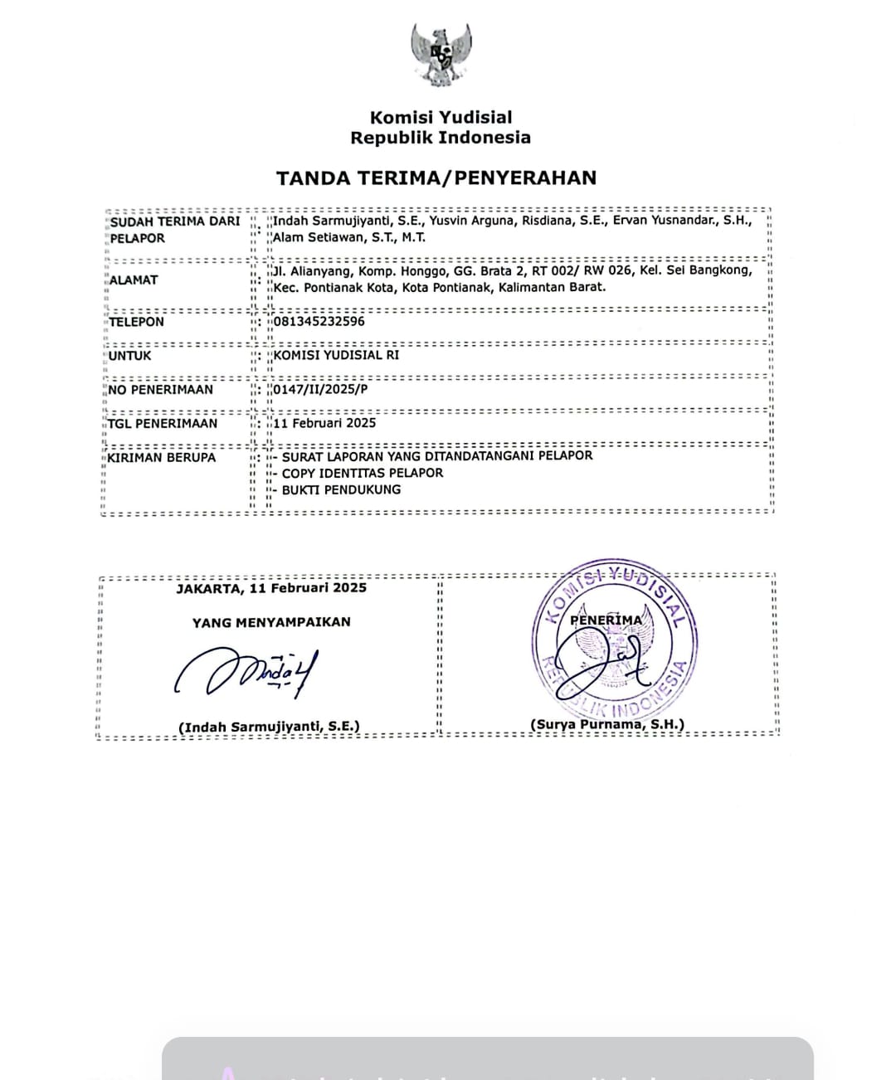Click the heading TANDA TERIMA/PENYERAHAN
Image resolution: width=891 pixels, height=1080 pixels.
(436, 178)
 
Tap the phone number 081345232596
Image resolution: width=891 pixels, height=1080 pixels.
(319, 322)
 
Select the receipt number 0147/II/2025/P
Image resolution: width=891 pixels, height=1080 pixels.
(320, 389)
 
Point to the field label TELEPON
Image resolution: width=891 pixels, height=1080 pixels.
(137, 322)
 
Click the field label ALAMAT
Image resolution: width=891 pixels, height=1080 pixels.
(134, 280)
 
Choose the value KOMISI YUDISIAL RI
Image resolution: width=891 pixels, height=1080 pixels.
(336, 355)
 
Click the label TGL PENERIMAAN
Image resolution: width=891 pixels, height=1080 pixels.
(163, 423)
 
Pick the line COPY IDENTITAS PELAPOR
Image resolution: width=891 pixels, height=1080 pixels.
(363, 473)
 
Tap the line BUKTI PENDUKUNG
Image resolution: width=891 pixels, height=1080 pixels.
(341, 489)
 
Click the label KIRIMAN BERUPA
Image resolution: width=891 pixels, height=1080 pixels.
(162, 457)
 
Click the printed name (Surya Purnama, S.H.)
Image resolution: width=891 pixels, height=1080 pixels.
(607, 724)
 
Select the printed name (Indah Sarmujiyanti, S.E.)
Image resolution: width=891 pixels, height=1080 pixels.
(270, 727)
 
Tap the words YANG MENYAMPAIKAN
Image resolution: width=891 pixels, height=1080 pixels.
(271, 622)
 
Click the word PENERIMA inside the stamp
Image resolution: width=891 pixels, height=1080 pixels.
(606, 620)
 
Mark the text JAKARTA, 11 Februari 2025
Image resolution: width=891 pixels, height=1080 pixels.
(271, 588)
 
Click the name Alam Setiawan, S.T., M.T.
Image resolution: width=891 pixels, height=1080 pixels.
(349, 237)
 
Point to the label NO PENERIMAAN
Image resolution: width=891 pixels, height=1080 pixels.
(161, 390)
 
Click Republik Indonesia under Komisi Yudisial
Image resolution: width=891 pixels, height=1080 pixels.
(441, 138)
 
